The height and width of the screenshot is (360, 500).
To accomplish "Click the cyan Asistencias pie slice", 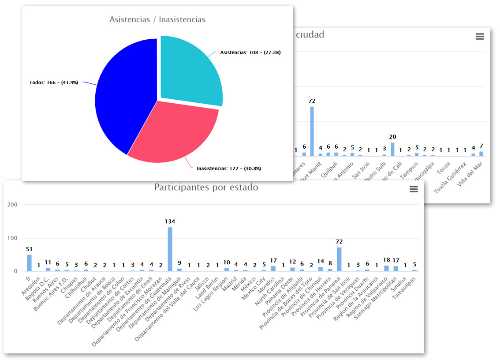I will pyautogui.click(x=190, y=71).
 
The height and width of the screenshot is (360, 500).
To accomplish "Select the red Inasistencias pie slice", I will pyautogui.click(x=176, y=132).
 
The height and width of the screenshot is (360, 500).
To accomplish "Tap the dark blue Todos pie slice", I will pyautogui.click(x=123, y=97).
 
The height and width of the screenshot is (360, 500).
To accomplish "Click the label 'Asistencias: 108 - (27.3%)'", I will pyautogui.click(x=250, y=52).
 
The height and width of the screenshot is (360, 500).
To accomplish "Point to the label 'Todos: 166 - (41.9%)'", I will pyautogui.click(x=54, y=82).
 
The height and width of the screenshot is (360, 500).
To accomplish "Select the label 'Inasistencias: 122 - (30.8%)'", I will pyautogui.click(x=229, y=169).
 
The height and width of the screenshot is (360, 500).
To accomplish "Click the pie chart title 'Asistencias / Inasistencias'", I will pyautogui.click(x=157, y=20).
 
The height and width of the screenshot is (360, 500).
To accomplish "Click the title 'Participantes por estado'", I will pyautogui.click(x=206, y=187).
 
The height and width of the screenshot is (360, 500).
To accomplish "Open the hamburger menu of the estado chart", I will pyautogui.click(x=414, y=189).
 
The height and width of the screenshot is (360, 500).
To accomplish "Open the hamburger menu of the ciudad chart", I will pyautogui.click(x=480, y=37).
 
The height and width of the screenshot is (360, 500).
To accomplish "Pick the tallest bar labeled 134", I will pyautogui.click(x=170, y=249).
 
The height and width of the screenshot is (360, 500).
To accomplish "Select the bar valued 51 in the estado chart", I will pyautogui.click(x=30, y=263).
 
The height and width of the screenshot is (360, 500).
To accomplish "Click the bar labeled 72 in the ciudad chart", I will pyautogui.click(x=312, y=131).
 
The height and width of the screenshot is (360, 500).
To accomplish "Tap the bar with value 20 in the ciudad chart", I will pyautogui.click(x=392, y=149).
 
